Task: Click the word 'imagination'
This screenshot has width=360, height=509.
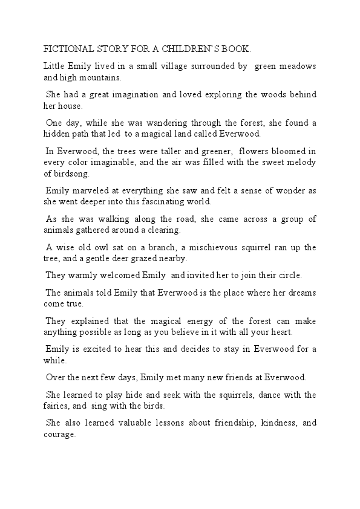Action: coord(131,95)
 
